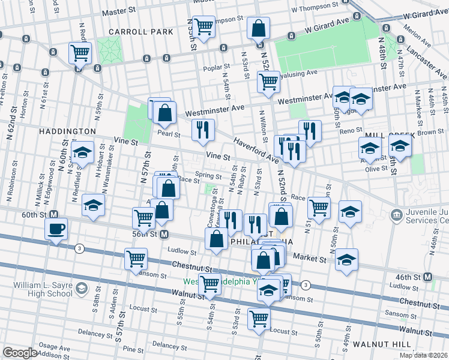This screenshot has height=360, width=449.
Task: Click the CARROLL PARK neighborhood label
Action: tap(140, 31)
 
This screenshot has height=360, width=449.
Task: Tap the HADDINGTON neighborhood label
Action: tap(67, 131)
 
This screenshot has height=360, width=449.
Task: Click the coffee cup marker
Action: tap(56, 229)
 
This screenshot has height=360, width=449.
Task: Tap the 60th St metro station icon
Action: tap(53, 214)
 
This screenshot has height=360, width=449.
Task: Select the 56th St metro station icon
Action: tap(163, 235)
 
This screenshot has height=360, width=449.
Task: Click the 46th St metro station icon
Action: tap(428, 277)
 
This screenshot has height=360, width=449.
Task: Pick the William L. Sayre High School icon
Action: tap(80, 291)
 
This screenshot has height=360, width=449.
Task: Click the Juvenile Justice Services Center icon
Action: tap(396, 215)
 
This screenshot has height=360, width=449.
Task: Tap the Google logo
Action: tap(20, 353)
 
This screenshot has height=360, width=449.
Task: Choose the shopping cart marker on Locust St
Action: tap(259, 318)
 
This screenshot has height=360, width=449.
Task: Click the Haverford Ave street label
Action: tap(257, 151)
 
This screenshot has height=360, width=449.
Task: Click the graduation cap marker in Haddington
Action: tap(82, 151)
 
